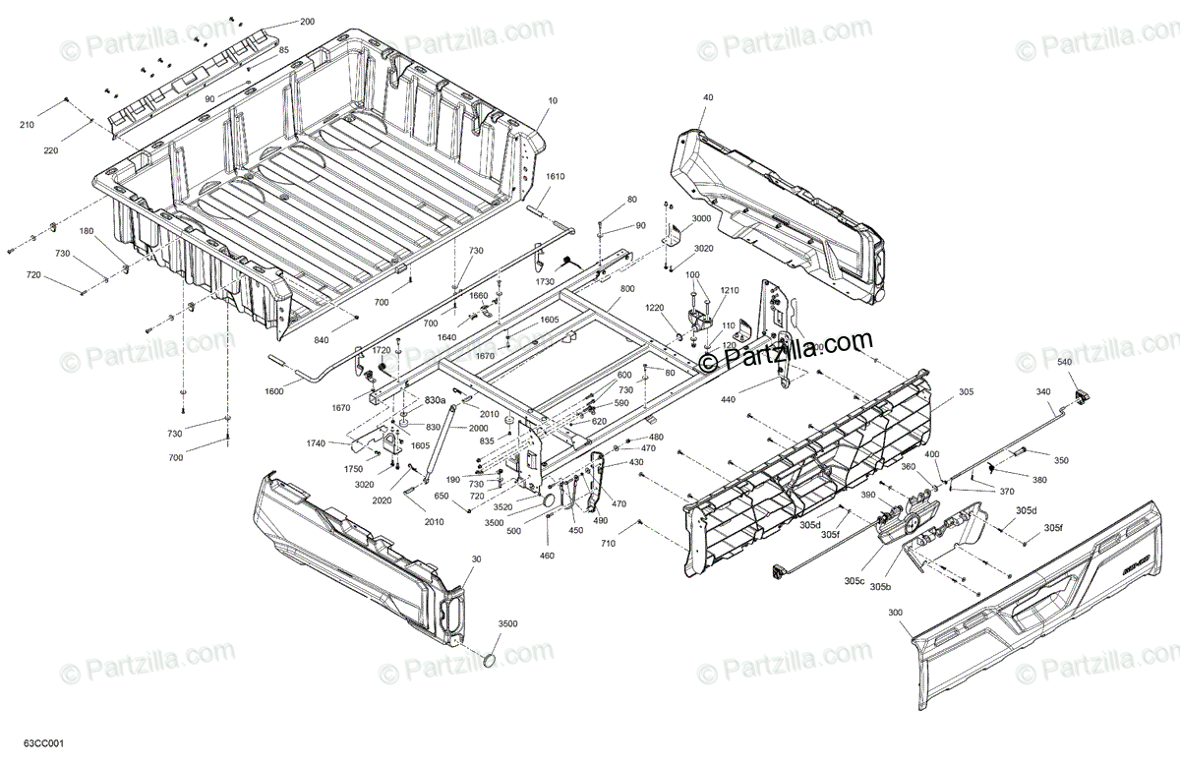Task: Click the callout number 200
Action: coord(308,22)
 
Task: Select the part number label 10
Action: coord(552,100)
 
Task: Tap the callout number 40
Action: coord(708,97)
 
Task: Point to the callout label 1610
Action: coord(556,176)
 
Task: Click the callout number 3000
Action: coord(701,218)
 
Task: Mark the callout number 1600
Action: coord(273,391)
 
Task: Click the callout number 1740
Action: coord(315,444)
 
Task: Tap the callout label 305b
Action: coord(880,587)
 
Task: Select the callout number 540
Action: coord(1064,363)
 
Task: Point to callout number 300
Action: coord(895,612)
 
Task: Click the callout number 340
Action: coord(1042,392)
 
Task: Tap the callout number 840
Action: coord(348,339)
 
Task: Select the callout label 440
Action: coord(727,400)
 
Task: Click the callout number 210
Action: coord(26,125)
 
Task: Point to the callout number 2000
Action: coord(478,428)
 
